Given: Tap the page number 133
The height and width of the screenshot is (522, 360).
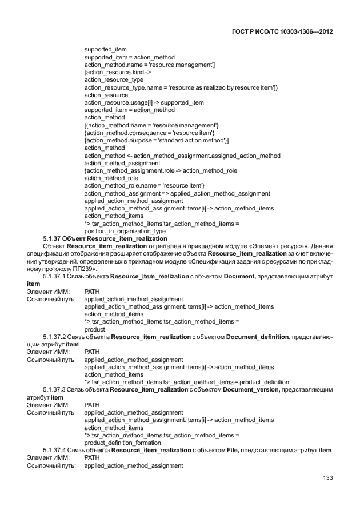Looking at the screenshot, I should pos(327,478).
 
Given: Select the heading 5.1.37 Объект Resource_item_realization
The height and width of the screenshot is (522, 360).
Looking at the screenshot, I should pos(105,238).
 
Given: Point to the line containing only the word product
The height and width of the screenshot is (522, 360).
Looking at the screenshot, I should pos(95,329).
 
